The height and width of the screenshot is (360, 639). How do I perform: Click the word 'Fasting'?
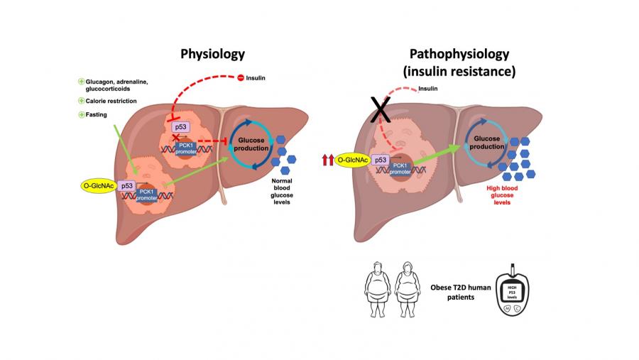click(x=99, y=114)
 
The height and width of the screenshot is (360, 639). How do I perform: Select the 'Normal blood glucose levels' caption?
click(x=290, y=191)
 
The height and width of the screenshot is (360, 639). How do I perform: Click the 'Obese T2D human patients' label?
click(x=453, y=290)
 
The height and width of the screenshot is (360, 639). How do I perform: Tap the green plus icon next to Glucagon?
click(x=82, y=82)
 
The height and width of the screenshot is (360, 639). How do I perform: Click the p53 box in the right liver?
click(x=381, y=162)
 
